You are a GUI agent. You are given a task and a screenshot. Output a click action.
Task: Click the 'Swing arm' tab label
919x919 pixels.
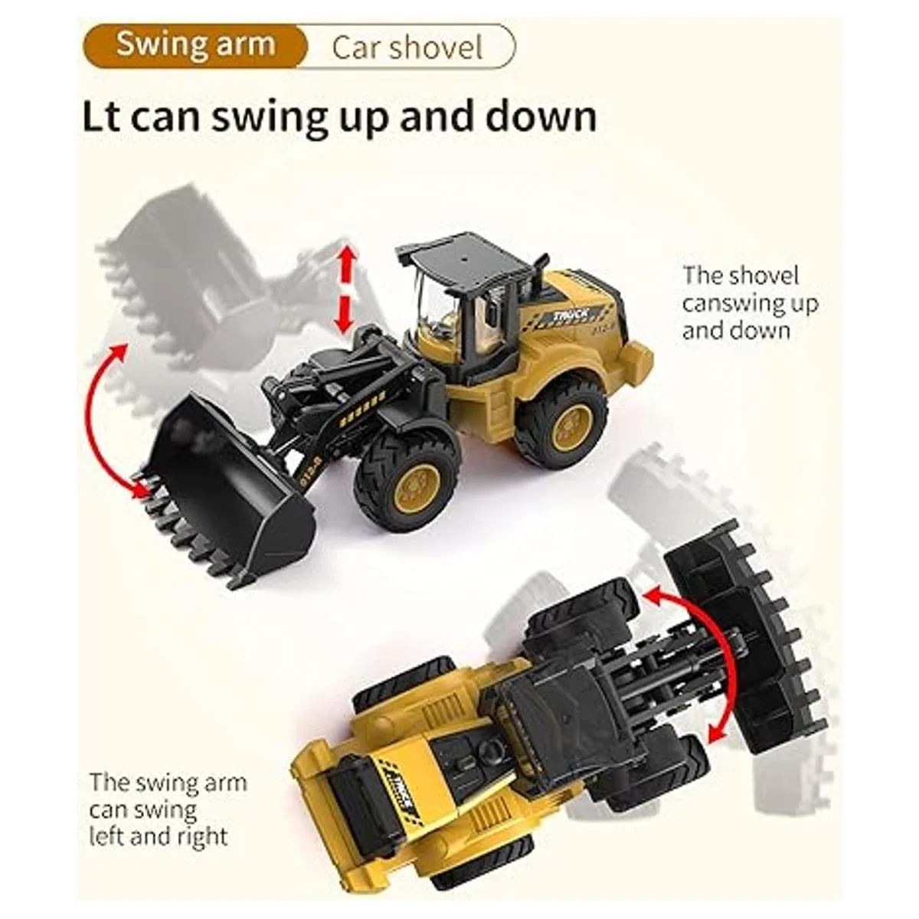pos(195,46)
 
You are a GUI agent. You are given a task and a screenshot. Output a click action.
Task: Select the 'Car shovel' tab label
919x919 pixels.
pos(407,47)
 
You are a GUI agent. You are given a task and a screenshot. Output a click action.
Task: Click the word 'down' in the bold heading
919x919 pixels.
pos(541,117)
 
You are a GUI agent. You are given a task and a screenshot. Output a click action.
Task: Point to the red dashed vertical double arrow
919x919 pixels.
pos(347,289)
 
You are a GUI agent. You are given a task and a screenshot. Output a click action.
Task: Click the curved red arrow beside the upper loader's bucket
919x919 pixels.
pos(102,420)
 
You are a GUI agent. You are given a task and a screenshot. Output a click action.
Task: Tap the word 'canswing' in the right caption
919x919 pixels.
pos(731,304)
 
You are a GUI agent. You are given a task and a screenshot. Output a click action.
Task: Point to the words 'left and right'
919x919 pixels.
pos(159,836)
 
